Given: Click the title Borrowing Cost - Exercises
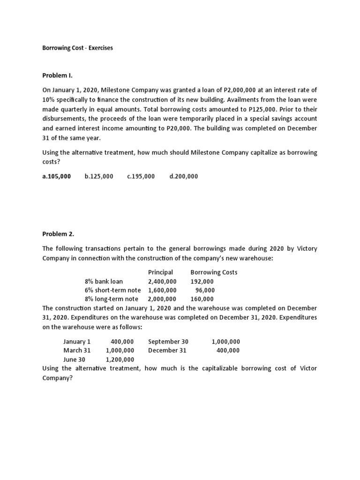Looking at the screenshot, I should point(77,48).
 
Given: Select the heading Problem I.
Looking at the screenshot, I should point(58,75).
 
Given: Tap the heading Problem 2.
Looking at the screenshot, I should point(58,233).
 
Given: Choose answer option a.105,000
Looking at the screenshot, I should point(57,176).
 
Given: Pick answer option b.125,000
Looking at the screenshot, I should point(99,176).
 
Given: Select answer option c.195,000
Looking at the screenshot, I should point(141,176).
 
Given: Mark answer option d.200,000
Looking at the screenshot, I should point(183,176).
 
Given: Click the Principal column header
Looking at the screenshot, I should point(160,272).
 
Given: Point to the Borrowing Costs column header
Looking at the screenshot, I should point(214,272).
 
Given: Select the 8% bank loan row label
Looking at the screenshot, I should point(104,281).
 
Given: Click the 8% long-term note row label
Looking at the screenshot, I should point(112,299).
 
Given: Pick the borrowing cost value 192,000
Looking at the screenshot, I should point(202,281).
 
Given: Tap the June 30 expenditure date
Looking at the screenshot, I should point(75,360).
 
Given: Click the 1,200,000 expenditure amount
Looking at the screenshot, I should point(120,360).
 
